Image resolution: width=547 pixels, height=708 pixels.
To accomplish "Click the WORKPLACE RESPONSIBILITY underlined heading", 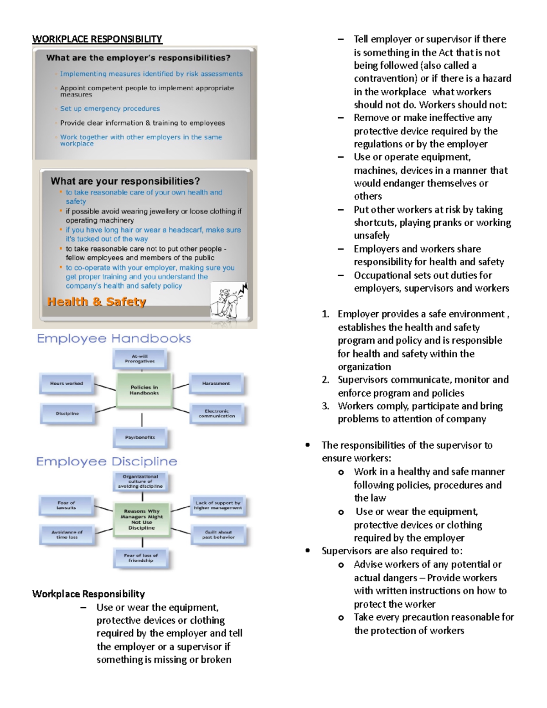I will [x=97, y=39].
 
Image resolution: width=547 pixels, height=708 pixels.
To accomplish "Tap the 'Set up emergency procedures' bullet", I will [x=110, y=109].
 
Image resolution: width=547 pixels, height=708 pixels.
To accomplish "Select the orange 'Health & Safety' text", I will [x=97, y=302].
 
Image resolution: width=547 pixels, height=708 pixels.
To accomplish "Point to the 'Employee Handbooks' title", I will [x=114, y=339].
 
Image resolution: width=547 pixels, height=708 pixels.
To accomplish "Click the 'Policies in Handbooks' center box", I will [x=144, y=390].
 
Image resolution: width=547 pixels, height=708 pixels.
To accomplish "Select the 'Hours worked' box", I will [x=67, y=383].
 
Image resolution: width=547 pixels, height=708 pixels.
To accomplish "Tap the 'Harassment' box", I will [x=216, y=383].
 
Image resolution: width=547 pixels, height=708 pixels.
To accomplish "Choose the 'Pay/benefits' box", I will [x=140, y=437].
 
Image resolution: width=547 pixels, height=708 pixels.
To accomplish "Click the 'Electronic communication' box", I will [x=217, y=413].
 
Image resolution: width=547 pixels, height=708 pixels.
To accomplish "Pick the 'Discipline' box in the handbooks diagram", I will [x=67, y=413].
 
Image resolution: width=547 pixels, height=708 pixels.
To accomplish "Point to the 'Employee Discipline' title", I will [x=107, y=461].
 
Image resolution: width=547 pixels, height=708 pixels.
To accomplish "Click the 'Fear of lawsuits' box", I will [x=66, y=505].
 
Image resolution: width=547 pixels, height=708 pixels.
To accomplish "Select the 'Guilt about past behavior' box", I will [x=218, y=535].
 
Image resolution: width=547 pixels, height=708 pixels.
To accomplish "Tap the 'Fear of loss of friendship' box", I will [x=141, y=558].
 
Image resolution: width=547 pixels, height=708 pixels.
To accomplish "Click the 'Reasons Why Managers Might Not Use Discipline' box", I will [x=141, y=520].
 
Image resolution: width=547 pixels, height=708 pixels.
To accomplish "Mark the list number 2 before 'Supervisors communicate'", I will [x=325, y=380].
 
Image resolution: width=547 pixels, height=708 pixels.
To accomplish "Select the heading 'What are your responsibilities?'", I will [x=125, y=181].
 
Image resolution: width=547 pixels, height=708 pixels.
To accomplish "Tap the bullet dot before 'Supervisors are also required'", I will [x=308, y=551].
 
